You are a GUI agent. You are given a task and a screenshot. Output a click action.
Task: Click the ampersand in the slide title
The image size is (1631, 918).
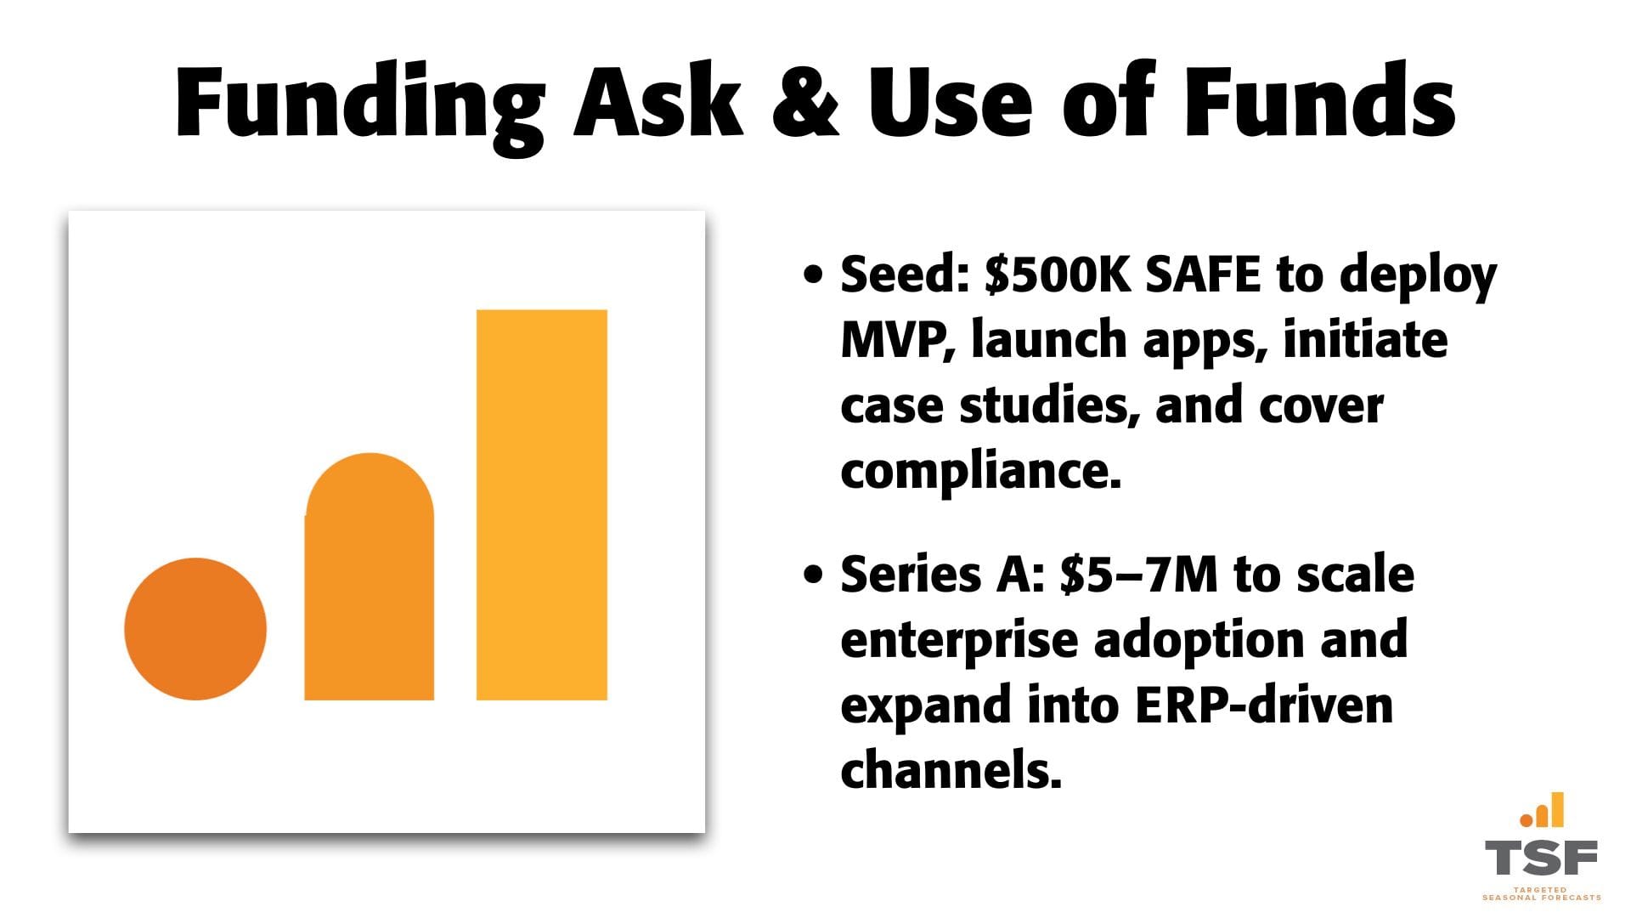pos(805,99)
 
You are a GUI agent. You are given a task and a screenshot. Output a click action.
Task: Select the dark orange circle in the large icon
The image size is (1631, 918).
pos(195,629)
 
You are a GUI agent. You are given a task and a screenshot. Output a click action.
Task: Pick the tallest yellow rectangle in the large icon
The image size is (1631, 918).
pos(542,505)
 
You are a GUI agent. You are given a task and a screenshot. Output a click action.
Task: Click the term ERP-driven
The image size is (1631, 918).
pos(1264,705)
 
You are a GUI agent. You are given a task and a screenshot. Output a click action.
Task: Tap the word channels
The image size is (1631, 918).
pos(951,771)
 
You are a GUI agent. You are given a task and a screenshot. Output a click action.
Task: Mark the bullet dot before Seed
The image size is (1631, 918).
pos(813,275)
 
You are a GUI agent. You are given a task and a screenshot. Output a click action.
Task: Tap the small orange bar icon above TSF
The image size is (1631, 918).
pos(1542,810)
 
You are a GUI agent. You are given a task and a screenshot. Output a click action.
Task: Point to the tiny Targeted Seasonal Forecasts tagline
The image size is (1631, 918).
pos(1541,893)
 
